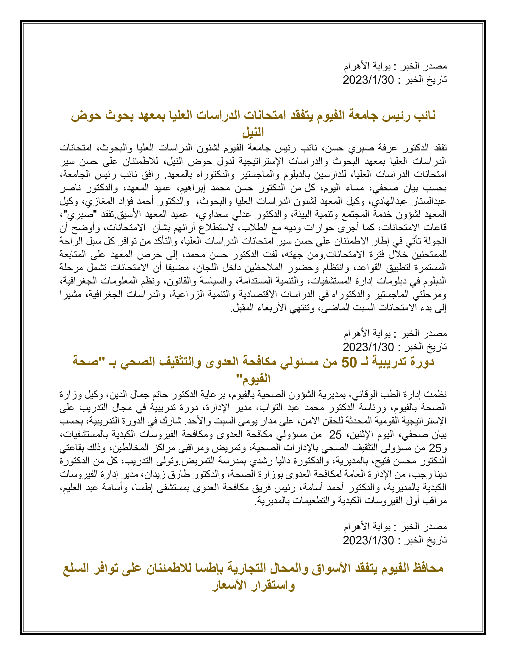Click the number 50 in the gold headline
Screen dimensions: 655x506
pos(349,362)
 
